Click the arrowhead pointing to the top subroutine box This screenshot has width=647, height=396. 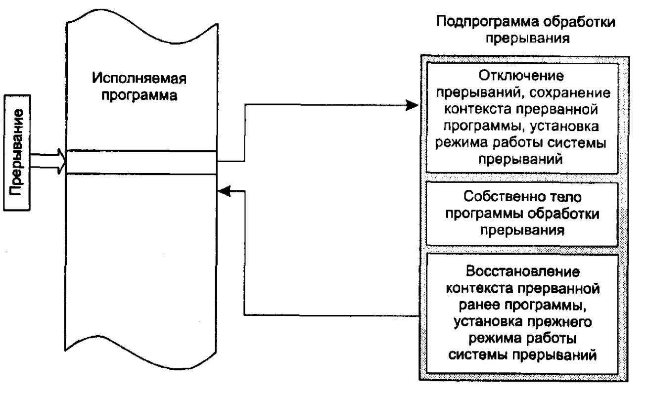tap(413, 105)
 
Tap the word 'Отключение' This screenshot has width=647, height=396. tap(522, 76)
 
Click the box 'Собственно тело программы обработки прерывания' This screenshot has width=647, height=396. tap(522, 214)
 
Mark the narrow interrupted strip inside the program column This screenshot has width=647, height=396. tap(141, 162)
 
